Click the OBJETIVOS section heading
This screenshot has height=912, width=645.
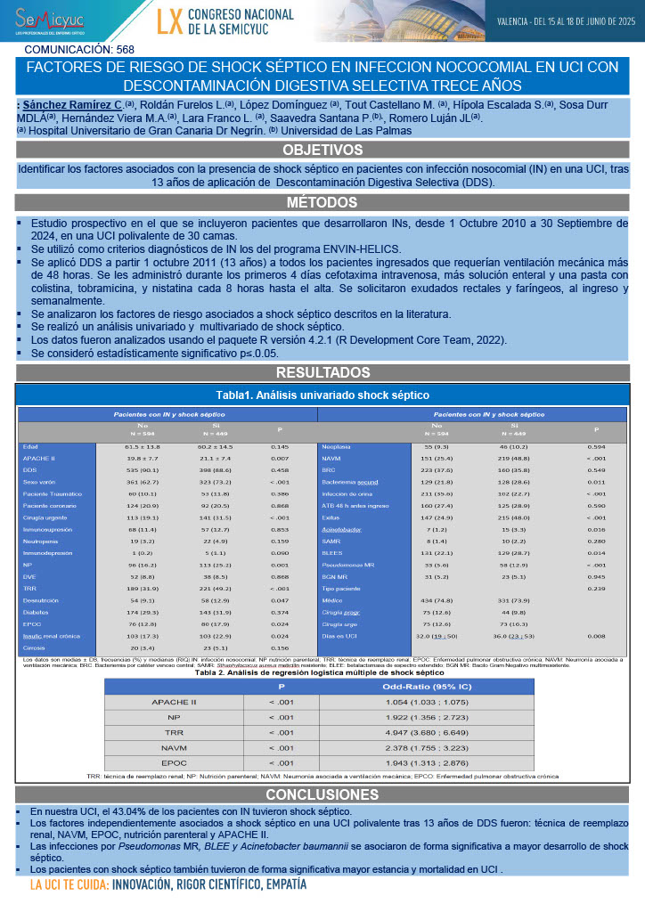[x=322, y=149]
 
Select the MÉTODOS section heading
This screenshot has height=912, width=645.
[x=322, y=201]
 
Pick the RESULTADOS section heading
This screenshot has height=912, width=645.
[x=322, y=371]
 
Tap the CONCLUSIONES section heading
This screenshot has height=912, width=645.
[x=322, y=794]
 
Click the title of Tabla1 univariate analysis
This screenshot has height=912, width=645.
[x=322, y=394]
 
